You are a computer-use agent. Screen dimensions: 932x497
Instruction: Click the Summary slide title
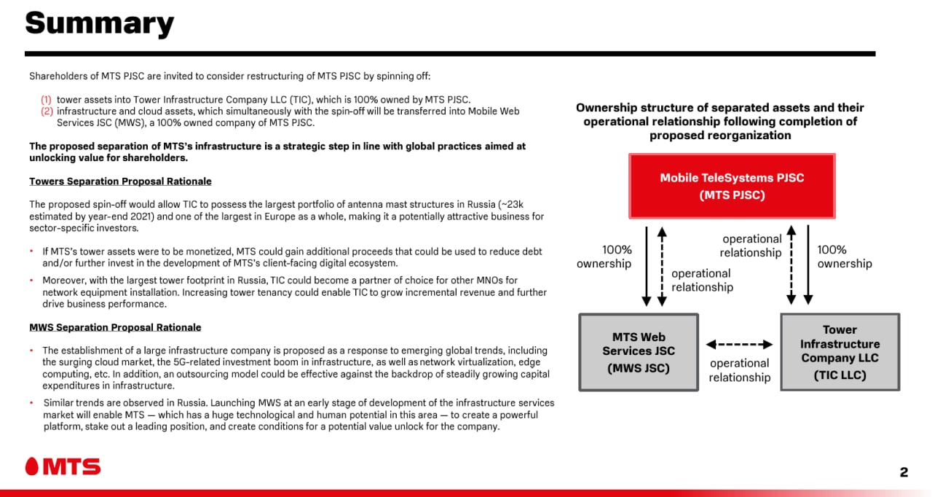(x=100, y=24)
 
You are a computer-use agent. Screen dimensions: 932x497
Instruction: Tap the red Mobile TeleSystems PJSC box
(x=732, y=186)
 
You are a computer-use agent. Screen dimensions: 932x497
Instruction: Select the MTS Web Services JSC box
(x=639, y=352)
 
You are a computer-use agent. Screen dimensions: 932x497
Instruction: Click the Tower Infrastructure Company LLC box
(x=840, y=352)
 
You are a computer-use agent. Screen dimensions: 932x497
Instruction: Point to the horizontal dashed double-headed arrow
(x=739, y=345)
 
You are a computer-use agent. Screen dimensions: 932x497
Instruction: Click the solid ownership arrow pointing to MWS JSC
(x=646, y=267)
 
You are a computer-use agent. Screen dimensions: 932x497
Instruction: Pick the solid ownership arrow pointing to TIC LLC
(x=808, y=265)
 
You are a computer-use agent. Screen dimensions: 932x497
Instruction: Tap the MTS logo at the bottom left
(x=63, y=466)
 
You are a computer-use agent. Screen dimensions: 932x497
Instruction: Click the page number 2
(x=904, y=472)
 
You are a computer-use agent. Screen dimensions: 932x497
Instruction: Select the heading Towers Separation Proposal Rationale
(x=120, y=181)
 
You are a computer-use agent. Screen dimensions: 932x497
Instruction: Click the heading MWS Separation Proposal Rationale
(x=115, y=328)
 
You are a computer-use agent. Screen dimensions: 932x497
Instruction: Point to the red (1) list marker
(x=46, y=100)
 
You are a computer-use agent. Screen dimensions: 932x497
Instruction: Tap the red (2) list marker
(x=47, y=111)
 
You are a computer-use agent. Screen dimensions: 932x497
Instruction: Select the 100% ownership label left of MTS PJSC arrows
(x=604, y=257)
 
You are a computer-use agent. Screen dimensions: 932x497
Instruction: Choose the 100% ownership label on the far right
(x=845, y=257)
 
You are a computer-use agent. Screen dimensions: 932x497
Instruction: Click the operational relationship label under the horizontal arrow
(x=740, y=370)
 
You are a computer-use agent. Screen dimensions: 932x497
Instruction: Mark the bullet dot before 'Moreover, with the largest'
(x=31, y=280)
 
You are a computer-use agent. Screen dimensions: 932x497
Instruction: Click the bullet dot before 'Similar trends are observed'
(x=31, y=402)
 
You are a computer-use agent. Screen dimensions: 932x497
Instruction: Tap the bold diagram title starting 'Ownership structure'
(x=720, y=122)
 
